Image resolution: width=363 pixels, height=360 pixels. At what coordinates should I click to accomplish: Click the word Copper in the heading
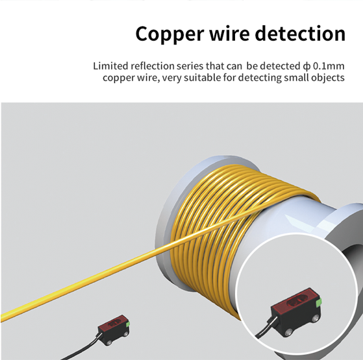(x=169, y=34)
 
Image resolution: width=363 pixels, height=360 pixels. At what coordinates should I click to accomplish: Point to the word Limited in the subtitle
(x=110, y=66)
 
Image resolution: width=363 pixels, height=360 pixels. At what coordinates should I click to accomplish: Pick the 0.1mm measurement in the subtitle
(x=329, y=66)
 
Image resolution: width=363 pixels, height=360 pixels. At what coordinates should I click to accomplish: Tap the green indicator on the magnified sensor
(x=319, y=302)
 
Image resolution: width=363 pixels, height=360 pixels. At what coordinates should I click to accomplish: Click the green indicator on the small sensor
(x=127, y=324)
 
